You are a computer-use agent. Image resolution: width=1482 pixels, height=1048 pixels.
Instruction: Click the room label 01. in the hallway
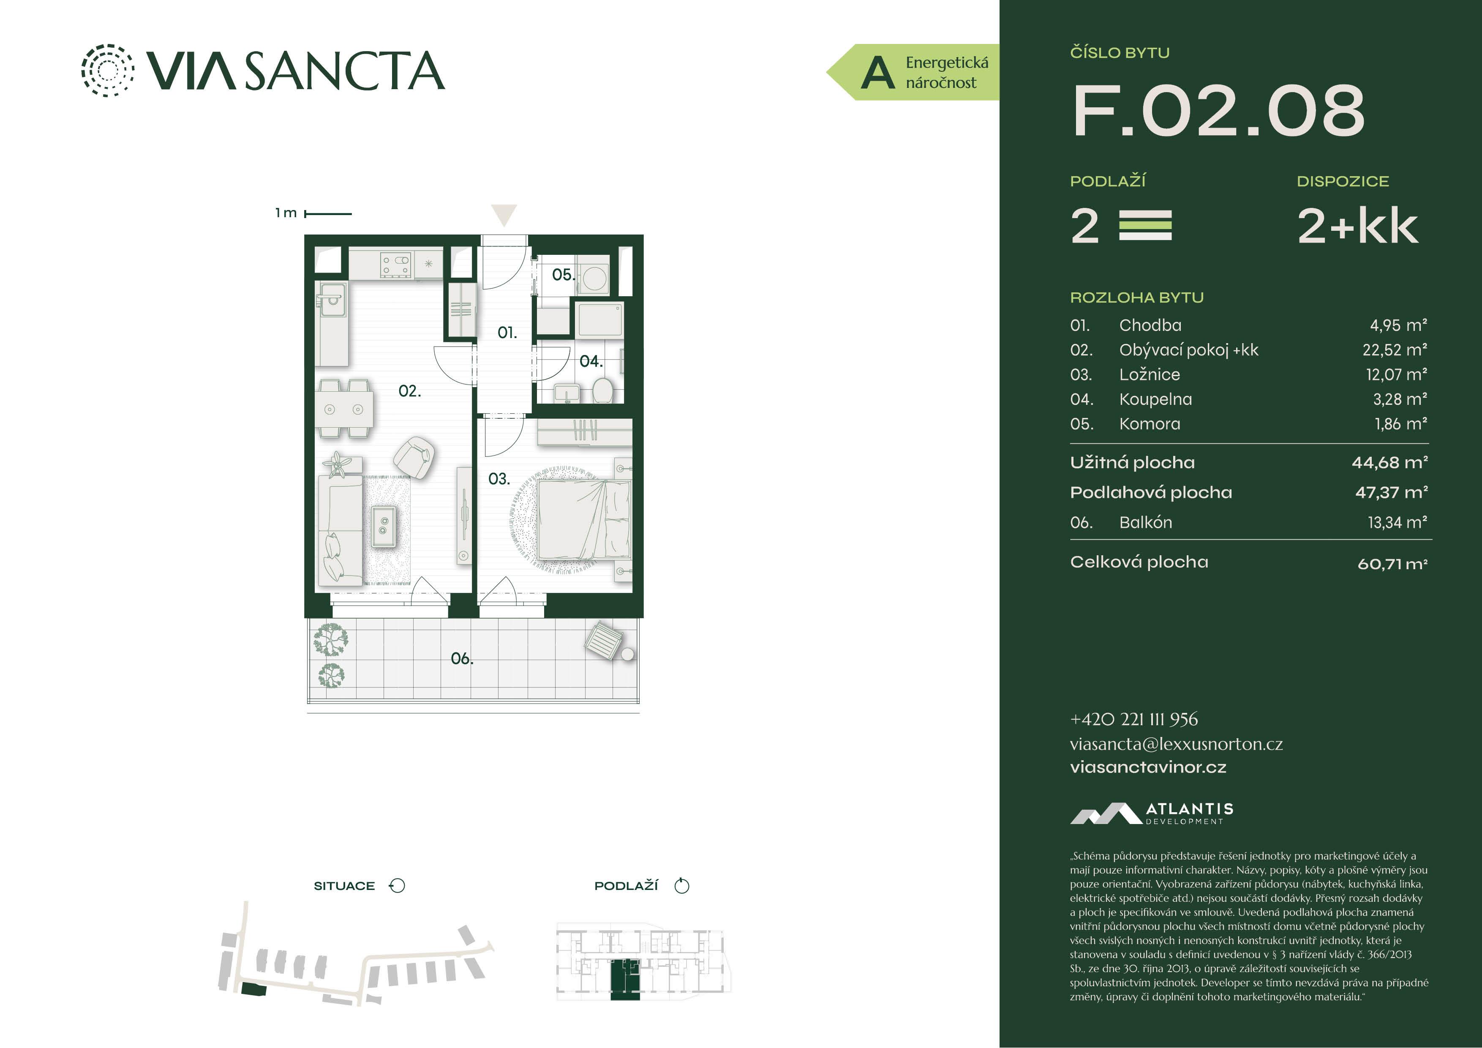507,333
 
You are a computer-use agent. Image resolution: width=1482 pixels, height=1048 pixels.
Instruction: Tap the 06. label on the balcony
461,659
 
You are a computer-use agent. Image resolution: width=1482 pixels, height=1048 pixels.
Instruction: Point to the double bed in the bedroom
584,520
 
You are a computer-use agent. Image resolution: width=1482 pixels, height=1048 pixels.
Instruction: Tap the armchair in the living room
413,457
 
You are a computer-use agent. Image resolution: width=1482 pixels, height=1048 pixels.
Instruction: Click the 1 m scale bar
328,213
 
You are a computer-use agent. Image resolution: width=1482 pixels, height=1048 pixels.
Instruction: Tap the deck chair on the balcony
604,639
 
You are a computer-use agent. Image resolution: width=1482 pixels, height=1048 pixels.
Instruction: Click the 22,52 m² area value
1394,350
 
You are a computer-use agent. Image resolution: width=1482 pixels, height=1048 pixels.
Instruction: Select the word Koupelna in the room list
1155,399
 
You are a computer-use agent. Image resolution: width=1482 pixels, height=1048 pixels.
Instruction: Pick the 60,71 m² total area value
1392,564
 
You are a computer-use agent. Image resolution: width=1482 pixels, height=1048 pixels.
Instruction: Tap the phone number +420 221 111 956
1133,719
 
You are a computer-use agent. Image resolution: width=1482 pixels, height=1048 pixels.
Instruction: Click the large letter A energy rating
878,72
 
